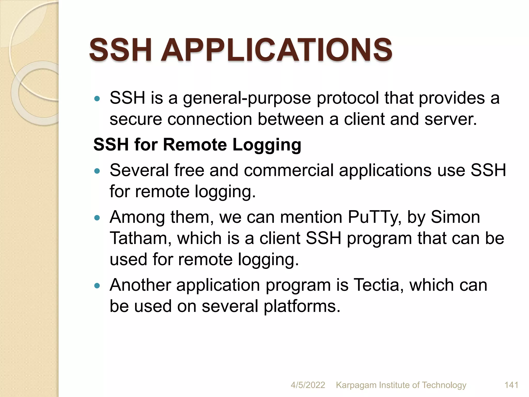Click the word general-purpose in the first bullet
[247, 98]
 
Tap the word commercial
[289, 171]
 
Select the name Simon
[455, 217]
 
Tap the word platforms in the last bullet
[302, 307]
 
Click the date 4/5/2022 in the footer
[308, 385]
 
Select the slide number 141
[511, 385]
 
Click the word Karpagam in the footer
[356, 385]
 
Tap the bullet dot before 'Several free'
[97, 171]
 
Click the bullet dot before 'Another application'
[97, 286]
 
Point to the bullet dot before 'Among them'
[97, 218]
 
